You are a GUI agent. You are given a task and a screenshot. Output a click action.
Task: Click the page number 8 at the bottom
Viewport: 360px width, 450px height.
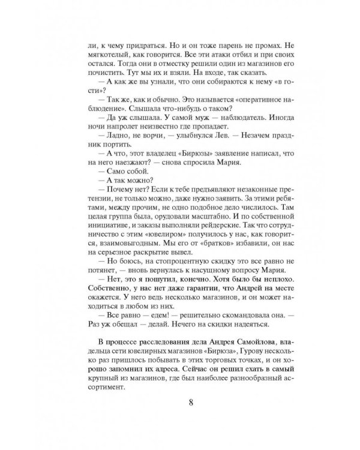tap(190, 418)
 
